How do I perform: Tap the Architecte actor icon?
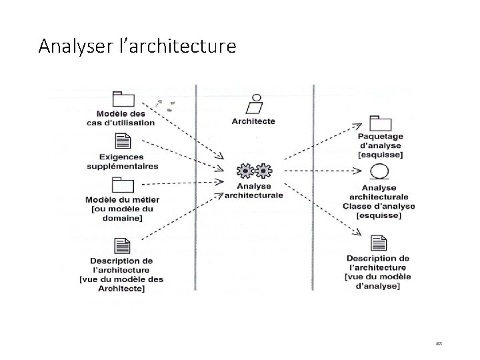click(x=253, y=105)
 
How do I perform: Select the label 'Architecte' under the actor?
click(x=253, y=121)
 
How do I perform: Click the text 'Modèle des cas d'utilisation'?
click(x=121, y=118)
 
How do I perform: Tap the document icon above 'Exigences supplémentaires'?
click(x=123, y=141)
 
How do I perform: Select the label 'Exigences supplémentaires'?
click(x=123, y=161)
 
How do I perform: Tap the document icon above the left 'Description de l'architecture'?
click(x=122, y=245)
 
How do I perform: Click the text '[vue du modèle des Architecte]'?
click(x=121, y=283)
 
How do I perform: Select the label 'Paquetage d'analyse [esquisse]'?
click(x=381, y=145)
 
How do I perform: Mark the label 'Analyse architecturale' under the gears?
click(x=254, y=191)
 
